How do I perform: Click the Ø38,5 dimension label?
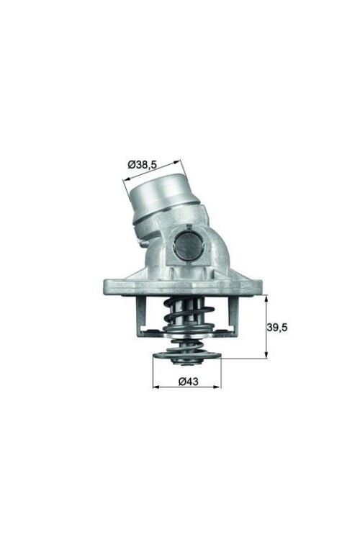tap(143, 164)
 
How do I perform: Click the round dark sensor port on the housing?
tap(187, 248)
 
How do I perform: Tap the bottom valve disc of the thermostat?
tap(186, 355)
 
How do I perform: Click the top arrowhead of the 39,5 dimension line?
tap(266, 298)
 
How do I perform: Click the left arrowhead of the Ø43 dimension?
tap(155, 387)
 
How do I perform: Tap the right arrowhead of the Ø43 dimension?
tap(219, 387)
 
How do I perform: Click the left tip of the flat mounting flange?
tap(105, 287)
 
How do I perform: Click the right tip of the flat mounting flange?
tap(266, 287)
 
